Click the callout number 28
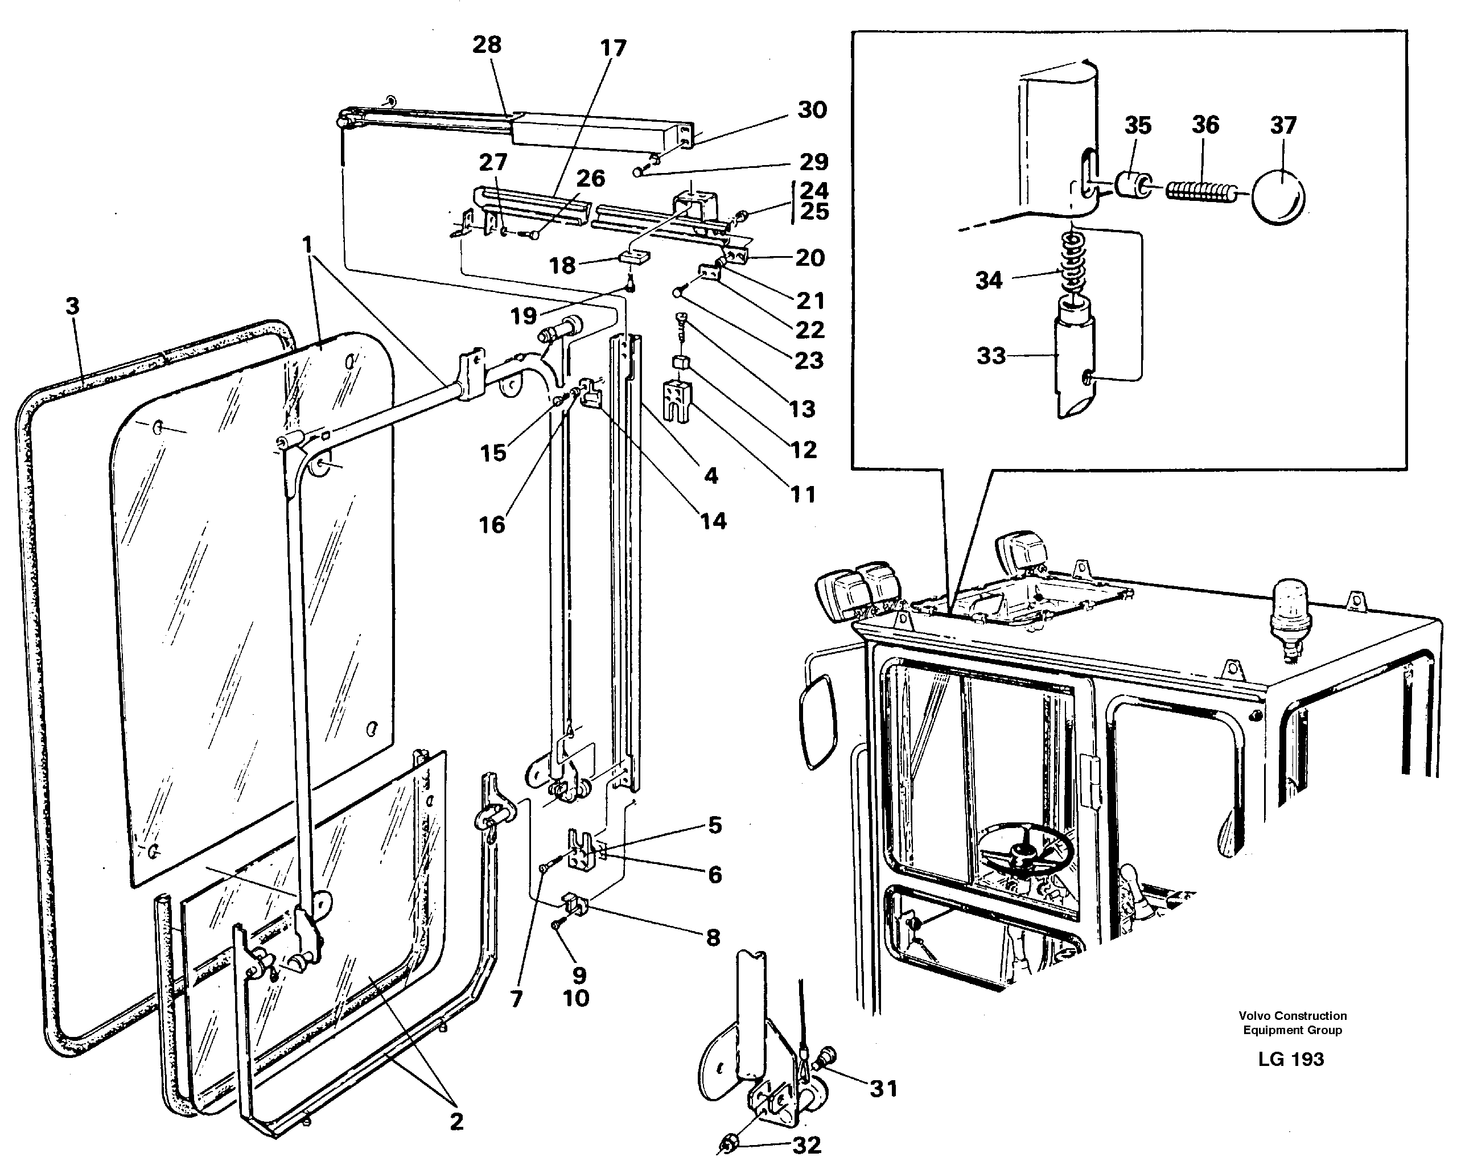[x=487, y=45]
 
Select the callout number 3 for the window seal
[x=72, y=306]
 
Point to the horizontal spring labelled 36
[x=1199, y=190]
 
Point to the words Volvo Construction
[x=1293, y=1016]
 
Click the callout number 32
[x=806, y=1144]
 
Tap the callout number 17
[x=612, y=48]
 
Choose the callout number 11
[x=804, y=494]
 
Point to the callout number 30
[x=812, y=110]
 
